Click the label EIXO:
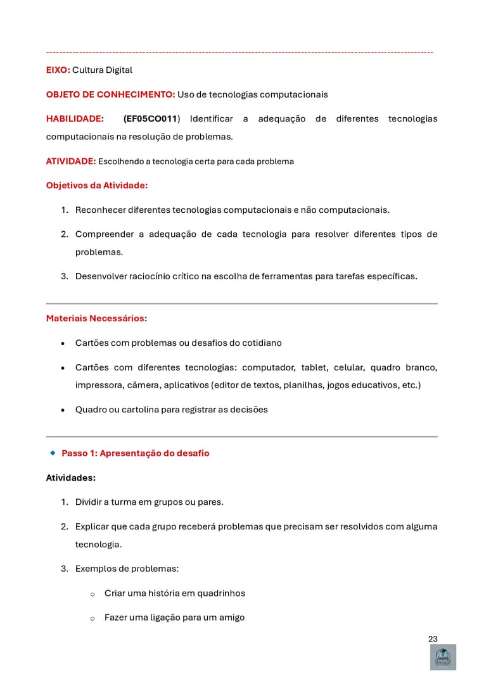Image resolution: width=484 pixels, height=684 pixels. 58,70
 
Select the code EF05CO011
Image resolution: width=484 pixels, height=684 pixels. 151,119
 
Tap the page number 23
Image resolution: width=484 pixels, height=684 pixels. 433,639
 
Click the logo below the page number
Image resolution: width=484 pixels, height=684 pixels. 443,657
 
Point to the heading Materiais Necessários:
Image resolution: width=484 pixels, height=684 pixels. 96,319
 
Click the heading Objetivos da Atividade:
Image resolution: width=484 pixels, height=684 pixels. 97,186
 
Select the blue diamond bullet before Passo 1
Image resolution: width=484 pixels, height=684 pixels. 53,453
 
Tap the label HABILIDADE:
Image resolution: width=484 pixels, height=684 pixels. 75,119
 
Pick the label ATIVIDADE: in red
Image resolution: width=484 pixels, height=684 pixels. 70,161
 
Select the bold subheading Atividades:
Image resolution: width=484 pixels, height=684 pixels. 70,478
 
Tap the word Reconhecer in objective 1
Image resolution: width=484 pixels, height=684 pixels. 100,210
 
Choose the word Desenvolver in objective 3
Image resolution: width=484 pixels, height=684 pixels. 101,276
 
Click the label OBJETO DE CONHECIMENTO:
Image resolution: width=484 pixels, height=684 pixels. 110,95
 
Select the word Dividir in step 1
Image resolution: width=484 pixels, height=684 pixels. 89,502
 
